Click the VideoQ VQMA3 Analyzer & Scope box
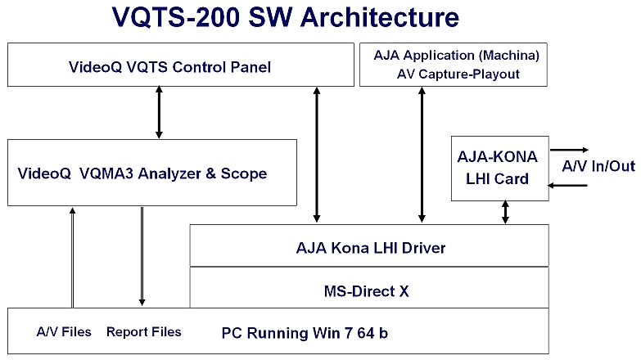pyautogui.click(x=152, y=173)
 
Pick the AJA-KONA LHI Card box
pyautogui.click(x=500, y=167)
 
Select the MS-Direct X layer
pyautogui.click(x=369, y=289)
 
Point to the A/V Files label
pyautogui.click(x=64, y=332)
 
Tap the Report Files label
pyautogui.click(x=143, y=332)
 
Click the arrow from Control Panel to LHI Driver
pyautogui.click(x=315, y=155)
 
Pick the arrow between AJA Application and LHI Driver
pyautogui.click(x=422, y=155)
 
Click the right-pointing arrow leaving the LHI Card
pyautogui.click(x=568, y=150)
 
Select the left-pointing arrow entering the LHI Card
pyautogui.click(x=568, y=186)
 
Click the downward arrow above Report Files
pyautogui.click(x=142, y=257)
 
